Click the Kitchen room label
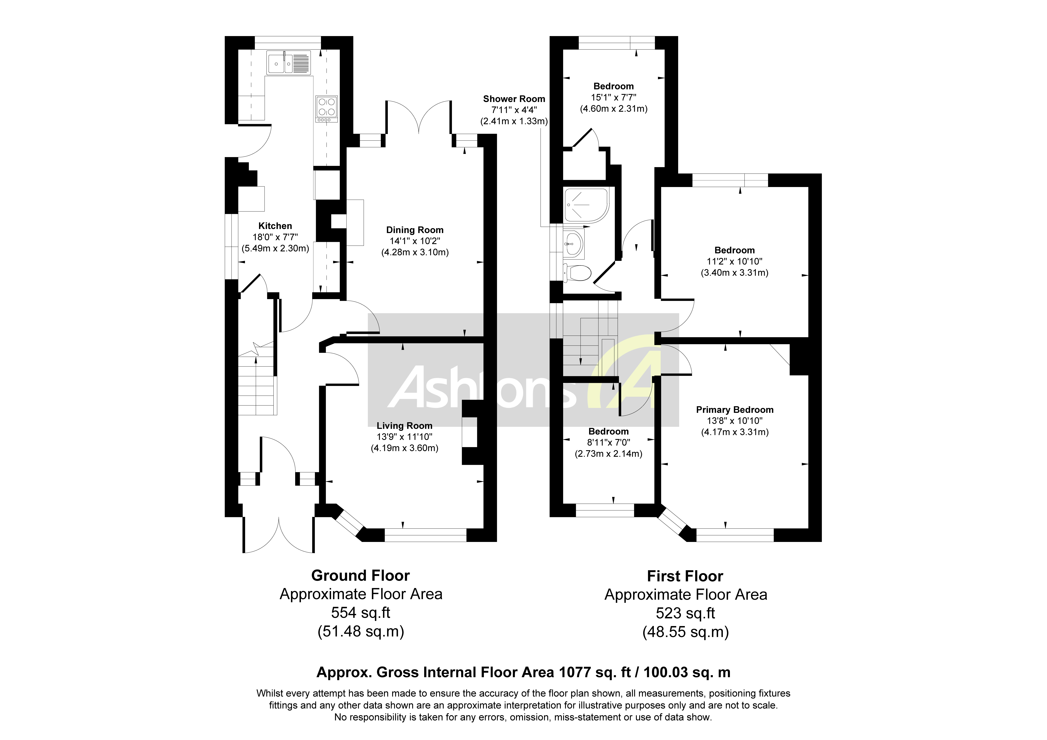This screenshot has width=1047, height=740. point(275,226)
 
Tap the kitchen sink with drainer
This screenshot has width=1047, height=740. point(289,62)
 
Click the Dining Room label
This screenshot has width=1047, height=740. point(415,230)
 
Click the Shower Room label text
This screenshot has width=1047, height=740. point(514,99)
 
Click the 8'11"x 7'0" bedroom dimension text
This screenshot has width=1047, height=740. point(608,443)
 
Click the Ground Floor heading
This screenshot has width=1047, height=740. point(360,576)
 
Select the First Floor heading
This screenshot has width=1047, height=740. point(685,576)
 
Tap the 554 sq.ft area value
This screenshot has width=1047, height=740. point(360,612)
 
